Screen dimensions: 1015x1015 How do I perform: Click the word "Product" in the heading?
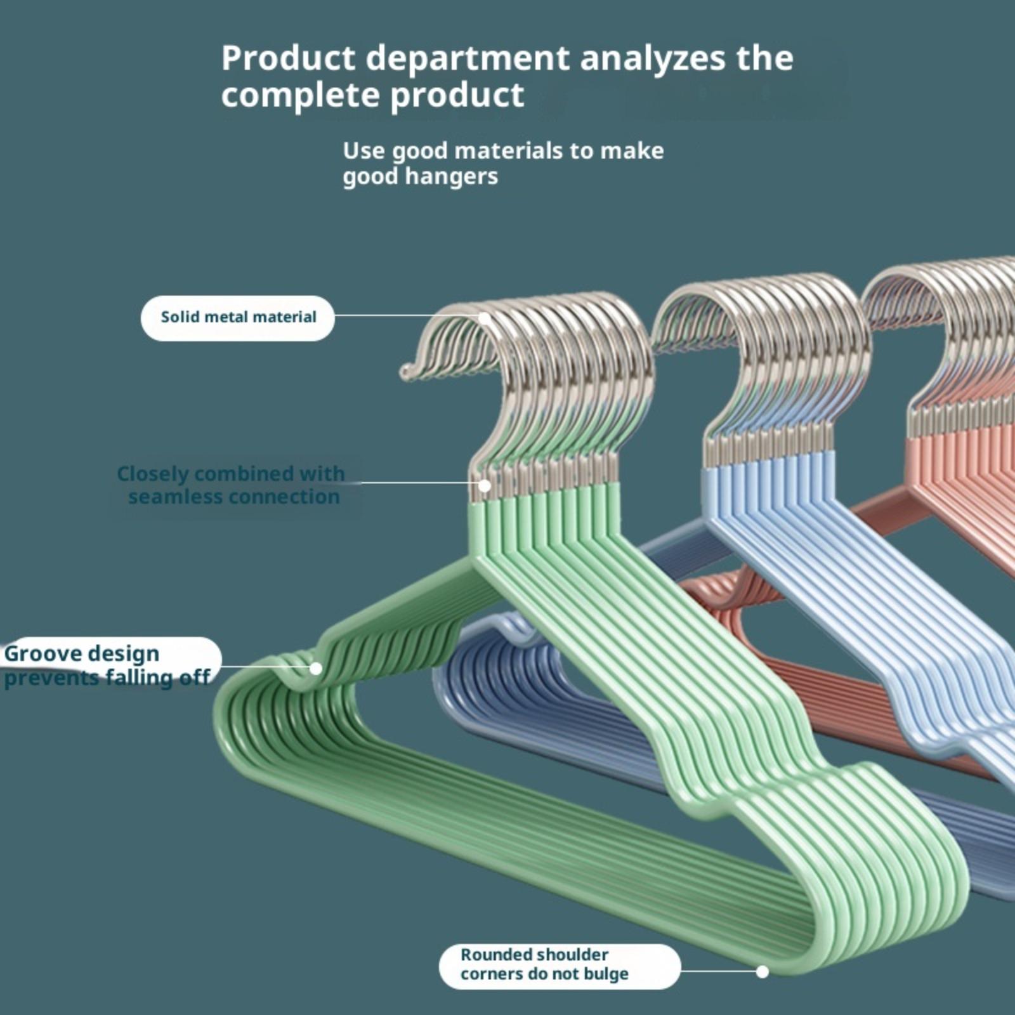288,58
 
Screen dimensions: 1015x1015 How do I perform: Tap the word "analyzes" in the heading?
653,58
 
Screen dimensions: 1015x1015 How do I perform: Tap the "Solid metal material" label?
238,317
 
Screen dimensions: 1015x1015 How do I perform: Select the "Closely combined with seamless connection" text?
232,485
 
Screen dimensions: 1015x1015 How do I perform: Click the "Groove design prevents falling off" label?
108,665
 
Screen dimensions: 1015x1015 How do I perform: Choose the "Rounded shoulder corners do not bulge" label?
544,964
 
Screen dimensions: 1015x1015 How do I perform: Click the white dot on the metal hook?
485,318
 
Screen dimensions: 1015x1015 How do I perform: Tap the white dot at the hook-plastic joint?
485,486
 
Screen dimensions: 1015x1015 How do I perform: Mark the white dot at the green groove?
316,668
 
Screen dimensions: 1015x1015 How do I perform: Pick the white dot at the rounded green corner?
763,971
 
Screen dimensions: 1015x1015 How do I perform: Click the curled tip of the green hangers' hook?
406,372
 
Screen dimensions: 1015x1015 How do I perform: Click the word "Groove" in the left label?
41,653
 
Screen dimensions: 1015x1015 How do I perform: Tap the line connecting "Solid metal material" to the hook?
406,315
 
